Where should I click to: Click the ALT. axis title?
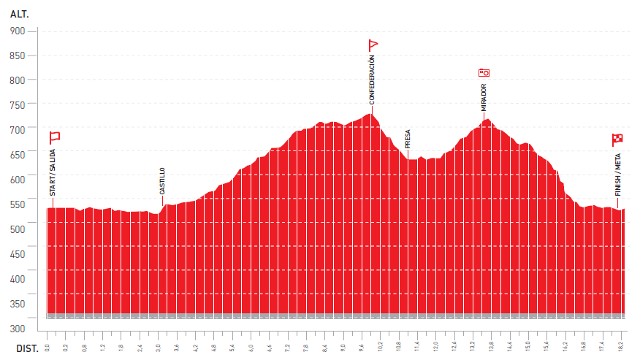point(19,14)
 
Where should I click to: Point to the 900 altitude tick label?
point(17,31)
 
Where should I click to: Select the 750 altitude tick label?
point(17,105)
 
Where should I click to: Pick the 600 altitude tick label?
point(17,180)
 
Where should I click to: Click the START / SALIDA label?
point(53,172)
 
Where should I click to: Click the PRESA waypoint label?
point(408,138)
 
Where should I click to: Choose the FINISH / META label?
point(618,174)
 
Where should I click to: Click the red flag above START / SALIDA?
point(54,137)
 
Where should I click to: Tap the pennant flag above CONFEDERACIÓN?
point(373,45)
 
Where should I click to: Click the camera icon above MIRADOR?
point(484,72)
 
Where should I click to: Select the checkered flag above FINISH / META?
point(617,139)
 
